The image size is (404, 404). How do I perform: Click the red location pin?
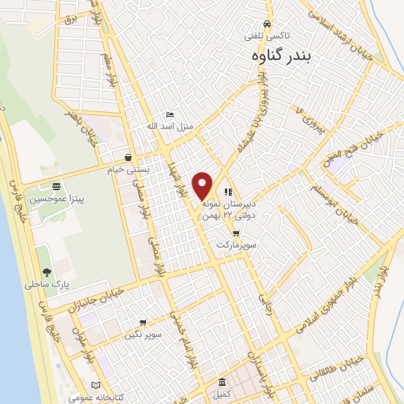[203, 185]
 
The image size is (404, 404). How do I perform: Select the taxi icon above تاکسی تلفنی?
[270, 24]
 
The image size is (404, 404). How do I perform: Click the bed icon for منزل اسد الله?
[170, 114]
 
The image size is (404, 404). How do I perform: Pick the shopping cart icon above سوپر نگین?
[142, 323]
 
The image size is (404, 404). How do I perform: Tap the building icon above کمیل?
[223, 380]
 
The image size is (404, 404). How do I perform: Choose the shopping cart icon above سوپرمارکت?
[236, 234]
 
